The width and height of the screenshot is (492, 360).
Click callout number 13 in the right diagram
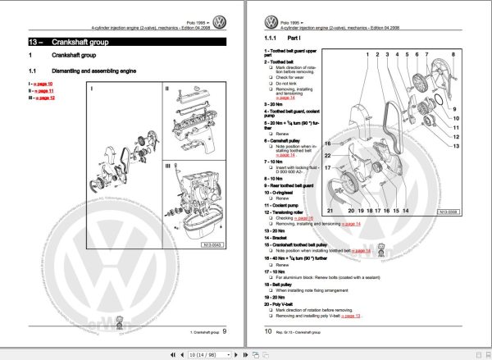click(x=456, y=144)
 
